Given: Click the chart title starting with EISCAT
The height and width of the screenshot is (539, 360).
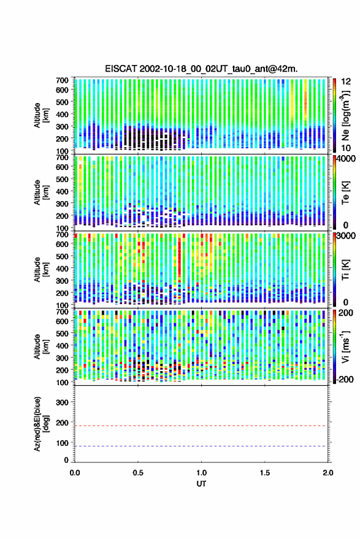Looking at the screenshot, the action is tap(202, 69).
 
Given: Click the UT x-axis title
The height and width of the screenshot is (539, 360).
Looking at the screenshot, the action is tap(201, 484).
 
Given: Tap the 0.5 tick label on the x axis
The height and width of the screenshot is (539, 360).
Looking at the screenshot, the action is tap(138, 473).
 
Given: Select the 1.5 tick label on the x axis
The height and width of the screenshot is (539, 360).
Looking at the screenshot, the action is tap(265, 473).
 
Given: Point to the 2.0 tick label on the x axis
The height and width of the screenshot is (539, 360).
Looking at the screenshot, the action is tap(328, 473).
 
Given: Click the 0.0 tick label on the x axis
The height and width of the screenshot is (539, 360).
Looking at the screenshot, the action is tap(75, 473).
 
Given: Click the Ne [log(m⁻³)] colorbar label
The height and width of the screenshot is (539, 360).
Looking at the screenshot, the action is tap(345, 115).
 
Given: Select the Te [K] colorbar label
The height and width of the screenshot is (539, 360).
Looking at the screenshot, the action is tap(345, 193).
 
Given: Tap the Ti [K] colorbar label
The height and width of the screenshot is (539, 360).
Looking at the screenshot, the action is tap(345, 270).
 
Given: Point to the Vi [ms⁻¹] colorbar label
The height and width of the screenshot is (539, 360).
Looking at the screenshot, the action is tap(345, 346).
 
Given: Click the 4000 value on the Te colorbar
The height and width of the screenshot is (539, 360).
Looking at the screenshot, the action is tap(346, 159).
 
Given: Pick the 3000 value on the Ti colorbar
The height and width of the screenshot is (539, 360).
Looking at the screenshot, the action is tap(346, 236).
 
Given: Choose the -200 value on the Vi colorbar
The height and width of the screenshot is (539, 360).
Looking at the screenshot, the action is tap(345, 380).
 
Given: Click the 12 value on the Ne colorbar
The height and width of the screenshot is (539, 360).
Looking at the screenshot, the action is tap(346, 82).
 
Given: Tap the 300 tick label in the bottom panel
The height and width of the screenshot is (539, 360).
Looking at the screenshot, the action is tap(62, 402).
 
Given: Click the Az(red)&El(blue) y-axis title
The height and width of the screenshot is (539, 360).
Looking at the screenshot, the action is tap(42, 424).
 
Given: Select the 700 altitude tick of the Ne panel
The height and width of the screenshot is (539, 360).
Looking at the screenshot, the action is tap(62, 80).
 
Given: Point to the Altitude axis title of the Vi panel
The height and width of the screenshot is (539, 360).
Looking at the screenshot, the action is tap(42, 346).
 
